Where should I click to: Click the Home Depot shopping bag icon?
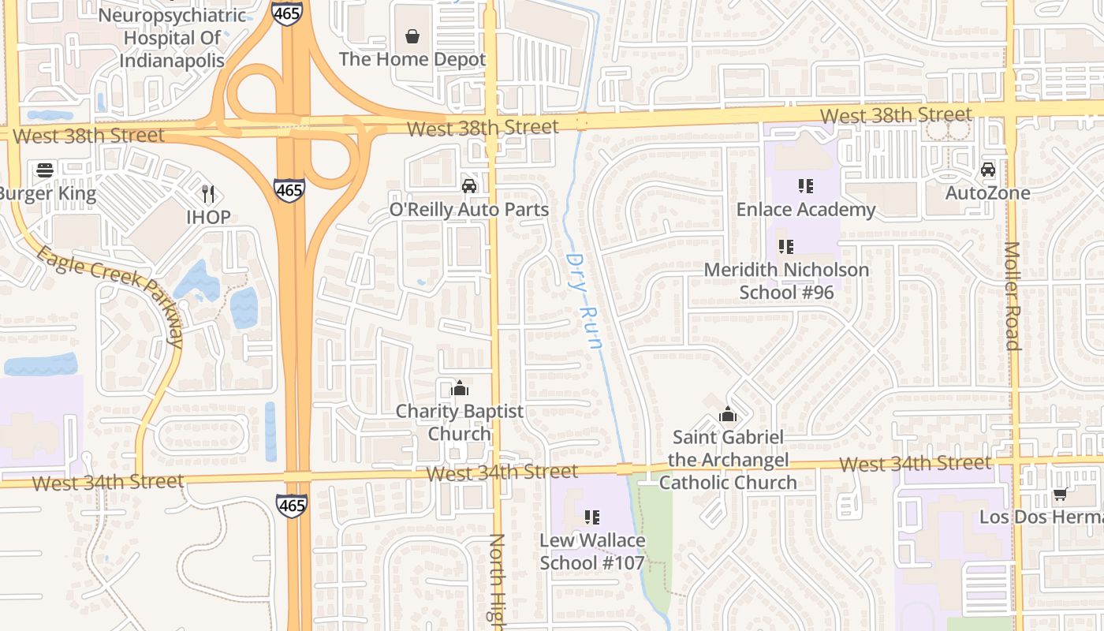(x=412, y=36)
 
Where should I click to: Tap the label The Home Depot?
(x=412, y=59)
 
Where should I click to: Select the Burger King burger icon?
(x=44, y=170)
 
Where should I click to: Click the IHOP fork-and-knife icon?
(x=208, y=193)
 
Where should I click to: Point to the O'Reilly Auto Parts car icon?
(x=469, y=186)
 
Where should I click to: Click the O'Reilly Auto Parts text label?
(x=469, y=210)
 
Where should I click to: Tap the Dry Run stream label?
(x=584, y=301)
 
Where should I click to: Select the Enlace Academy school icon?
(x=805, y=186)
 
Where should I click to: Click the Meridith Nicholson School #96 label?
(x=786, y=281)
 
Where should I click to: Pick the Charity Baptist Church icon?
(x=459, y=388)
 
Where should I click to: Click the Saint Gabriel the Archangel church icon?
(x=727, y=414)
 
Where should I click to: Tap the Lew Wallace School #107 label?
(x=592, y=552)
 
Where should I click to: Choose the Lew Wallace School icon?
(x=592, y=517)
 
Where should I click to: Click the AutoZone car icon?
(x=987, y=170)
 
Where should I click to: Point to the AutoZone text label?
(x=987, y=193)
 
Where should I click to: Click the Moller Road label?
(x=1012, y=296)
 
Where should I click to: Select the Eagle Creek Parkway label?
(x=110, y=295)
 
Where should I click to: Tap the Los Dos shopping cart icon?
(x=1061, y=495)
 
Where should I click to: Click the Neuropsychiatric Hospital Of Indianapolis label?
(x=172, y=38)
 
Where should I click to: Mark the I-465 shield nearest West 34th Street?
(x=292, y=506)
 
